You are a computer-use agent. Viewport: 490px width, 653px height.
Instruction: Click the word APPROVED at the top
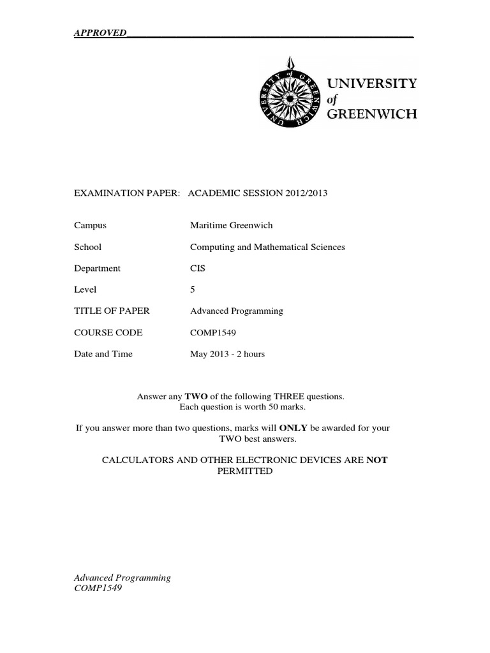tap(100, 33)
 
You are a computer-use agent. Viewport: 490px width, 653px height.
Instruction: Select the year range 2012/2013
tap(304, 193)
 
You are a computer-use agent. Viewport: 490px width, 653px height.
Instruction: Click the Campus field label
tap(90, 226)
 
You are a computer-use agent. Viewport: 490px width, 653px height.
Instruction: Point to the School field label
tap(87, 247)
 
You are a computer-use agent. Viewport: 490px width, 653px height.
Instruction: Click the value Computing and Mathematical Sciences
tap(267, 247)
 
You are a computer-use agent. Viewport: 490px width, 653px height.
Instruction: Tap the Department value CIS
tap(198, 268)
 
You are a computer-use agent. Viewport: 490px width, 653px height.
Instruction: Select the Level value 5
tap(193, 290)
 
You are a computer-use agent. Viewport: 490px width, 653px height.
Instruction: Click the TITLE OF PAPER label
tap(112, 311)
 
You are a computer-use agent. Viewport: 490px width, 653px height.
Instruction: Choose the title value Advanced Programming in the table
tap(236, 311)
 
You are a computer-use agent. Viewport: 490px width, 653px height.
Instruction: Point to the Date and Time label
tap(103, 354)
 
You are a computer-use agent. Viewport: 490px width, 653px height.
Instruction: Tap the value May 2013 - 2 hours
tap(227, 354)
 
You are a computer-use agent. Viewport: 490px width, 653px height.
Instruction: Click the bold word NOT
tap(376, 460)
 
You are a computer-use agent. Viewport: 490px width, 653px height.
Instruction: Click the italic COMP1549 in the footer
tap(98, 589)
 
